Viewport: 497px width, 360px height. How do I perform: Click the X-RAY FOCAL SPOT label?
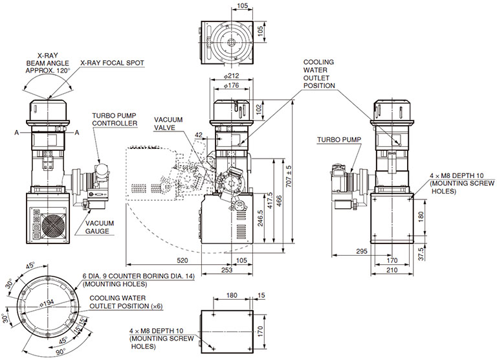point(112,63)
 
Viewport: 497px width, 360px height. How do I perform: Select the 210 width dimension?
point(392,270)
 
